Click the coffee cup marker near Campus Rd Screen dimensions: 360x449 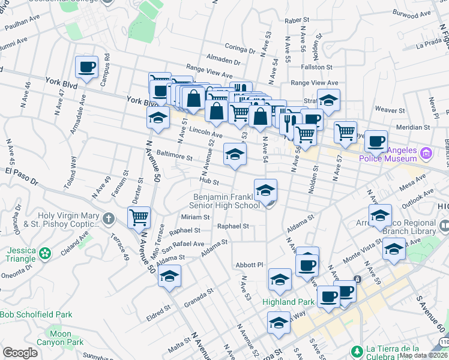click(x=86, y=67)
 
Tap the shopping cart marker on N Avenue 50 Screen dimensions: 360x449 click(x=139, y=217)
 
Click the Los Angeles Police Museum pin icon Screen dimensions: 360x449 click(x=427, y=154)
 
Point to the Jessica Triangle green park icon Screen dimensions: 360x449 click(x=44, y=254)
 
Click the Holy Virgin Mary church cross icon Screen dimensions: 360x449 click(x=109, y=217)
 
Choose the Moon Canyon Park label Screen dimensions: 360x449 click(x=65, y=338)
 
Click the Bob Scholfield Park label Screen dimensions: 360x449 click(x=36, y=314)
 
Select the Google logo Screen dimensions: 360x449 click(x=20, y=353)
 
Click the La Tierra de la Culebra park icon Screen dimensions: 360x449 click(x=357, y=350)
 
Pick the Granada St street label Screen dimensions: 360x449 click(x=199, y=298)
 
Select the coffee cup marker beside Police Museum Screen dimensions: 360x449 click(x=376, y=142)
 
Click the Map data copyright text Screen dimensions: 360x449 click(x=423, y=355)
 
